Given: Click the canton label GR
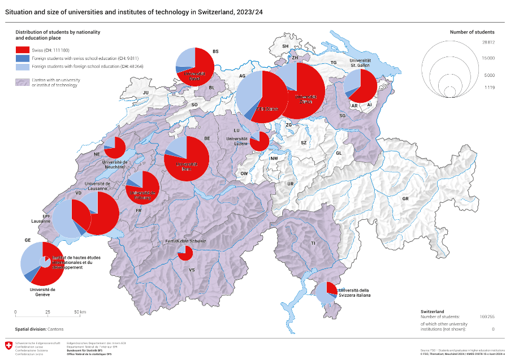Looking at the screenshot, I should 405,199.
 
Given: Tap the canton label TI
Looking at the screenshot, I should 312,243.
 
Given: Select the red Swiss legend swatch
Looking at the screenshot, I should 21,50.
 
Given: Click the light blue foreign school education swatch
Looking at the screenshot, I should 21,66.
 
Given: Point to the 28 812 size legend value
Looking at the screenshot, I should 489,42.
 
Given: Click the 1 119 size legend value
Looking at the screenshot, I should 489,88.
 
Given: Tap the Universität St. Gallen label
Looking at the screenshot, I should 360,63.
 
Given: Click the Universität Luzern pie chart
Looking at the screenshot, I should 260,141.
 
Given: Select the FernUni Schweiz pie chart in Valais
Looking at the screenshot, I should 185,253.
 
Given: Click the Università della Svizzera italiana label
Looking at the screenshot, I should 357,292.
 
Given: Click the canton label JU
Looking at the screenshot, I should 145,92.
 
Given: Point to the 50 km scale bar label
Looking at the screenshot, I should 80,312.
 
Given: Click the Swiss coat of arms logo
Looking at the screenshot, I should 8,345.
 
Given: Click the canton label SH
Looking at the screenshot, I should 286,46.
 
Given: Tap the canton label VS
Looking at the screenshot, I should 192,270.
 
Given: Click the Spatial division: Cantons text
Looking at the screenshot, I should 39,328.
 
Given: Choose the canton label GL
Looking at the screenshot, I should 339,153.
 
